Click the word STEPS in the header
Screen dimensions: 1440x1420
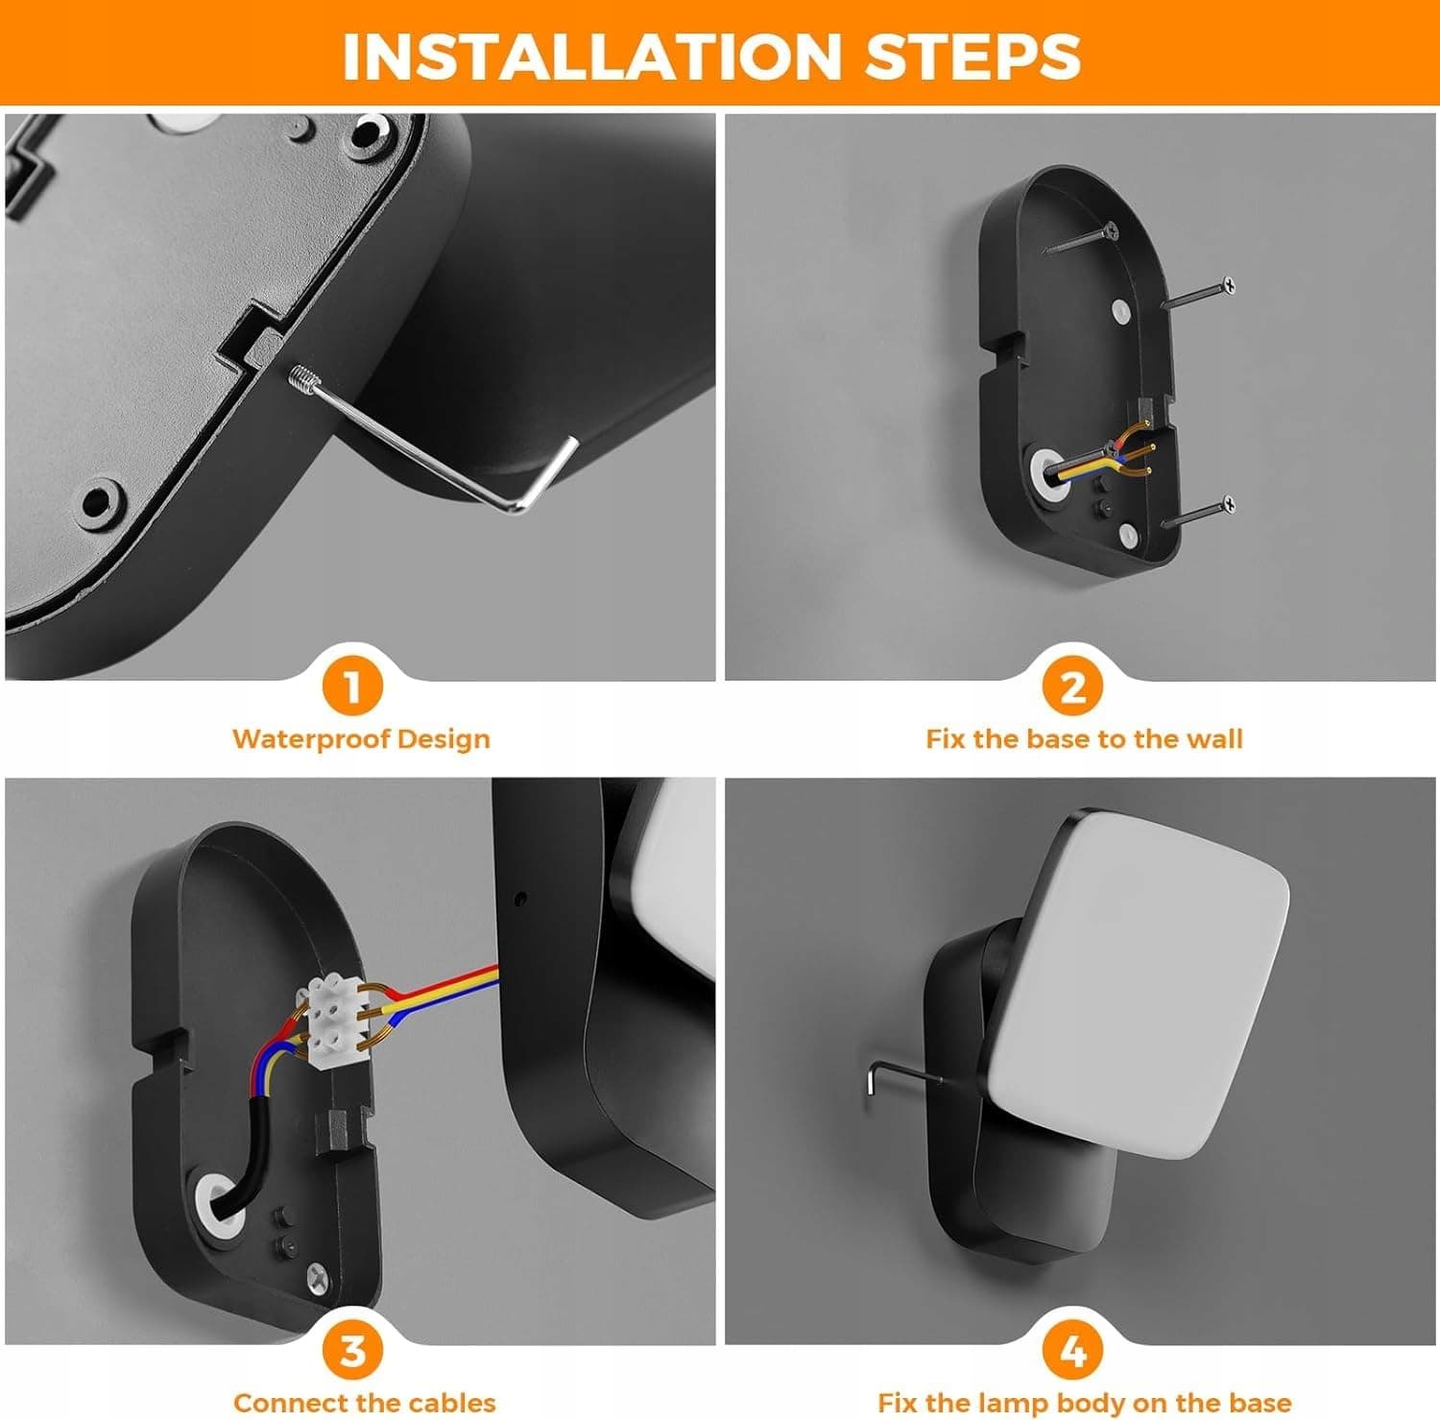(x=972, y=56)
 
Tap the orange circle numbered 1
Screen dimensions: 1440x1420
(x=352, y=686)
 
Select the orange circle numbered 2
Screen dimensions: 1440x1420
(x=1072, y=686)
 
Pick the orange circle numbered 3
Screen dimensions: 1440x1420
(x=352, y=1351)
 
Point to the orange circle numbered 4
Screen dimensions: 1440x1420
(x=1072, y=1351)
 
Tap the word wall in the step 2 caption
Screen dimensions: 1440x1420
(x=1214, y=738)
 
